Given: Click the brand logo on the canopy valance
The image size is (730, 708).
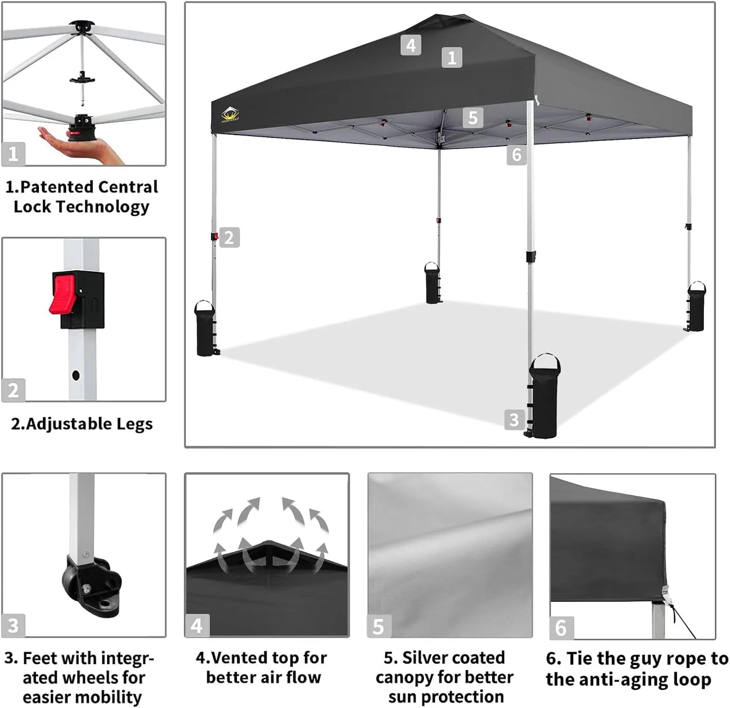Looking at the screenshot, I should click(230, 115).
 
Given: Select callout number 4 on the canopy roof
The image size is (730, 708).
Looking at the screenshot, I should click(411, 45).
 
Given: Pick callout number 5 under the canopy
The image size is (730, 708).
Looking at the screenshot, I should click(473, 118).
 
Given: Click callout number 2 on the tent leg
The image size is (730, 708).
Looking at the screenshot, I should click(229, 238).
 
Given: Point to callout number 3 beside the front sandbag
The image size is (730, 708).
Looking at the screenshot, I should click(514, 419).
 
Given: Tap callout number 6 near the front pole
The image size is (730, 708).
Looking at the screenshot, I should click(516, 155).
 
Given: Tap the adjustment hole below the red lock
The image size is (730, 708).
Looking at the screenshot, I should click(76, 375).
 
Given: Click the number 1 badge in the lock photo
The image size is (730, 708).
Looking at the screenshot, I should click(13, 154).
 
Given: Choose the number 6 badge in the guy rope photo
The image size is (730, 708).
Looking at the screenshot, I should click(561, 628).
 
